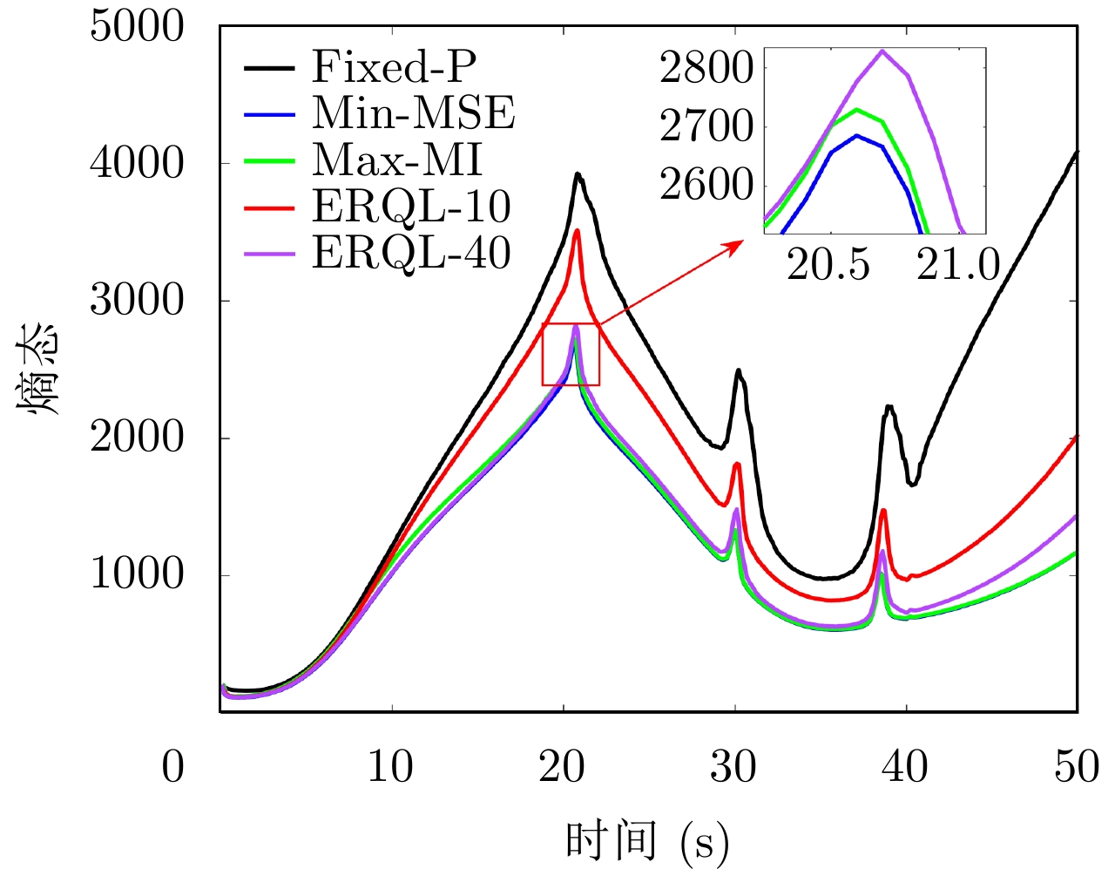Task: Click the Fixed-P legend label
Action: [394, 66]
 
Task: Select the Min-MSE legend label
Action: [414, 113]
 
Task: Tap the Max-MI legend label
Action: [397, 160]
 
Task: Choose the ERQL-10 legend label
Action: [411, 207]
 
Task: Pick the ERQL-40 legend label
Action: [411, 254]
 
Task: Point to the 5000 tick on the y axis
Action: [138, 27]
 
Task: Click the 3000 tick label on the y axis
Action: [138, 301]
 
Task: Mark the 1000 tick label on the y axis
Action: [138, 574]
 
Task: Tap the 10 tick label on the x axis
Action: [390, 767]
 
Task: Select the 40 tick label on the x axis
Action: [905, 767]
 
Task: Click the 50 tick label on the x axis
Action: [1077, 767]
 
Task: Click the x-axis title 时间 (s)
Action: [646, 841]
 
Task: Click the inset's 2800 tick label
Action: [706, 68]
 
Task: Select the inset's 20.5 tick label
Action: [828, 265]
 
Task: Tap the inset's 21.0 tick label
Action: [958, 265]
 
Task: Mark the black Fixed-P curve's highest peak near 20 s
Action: [577, 173]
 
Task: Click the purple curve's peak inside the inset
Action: [882, 51]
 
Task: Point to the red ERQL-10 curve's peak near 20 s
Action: [577, 230]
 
